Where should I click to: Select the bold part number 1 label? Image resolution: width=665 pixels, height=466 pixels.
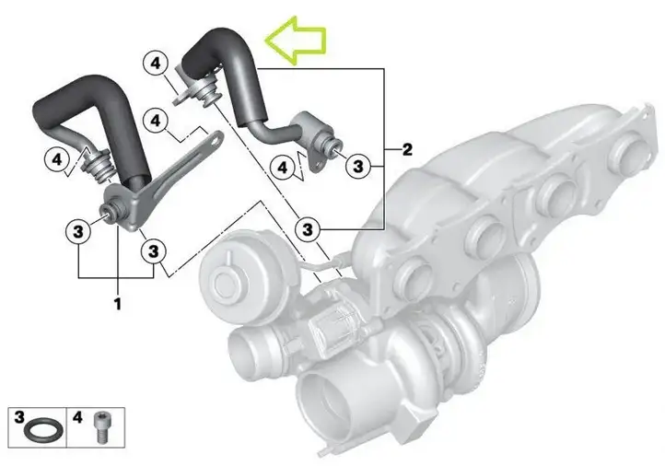[x=118, y=304]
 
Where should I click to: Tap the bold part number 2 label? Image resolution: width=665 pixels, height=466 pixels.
[x=407, y=149]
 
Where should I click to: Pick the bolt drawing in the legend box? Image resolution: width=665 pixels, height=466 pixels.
[x=101, y=427]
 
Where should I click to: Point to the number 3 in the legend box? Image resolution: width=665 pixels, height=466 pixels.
[x=19, y=417]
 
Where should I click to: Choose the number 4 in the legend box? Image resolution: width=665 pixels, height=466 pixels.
[x=77, y=417]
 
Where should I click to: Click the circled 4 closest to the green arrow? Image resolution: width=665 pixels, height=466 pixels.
[x=156, y=64]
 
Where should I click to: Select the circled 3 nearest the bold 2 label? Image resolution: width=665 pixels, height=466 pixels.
[x=358, y=166]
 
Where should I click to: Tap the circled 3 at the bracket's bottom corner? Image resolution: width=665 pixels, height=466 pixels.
[x=154, y=251]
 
